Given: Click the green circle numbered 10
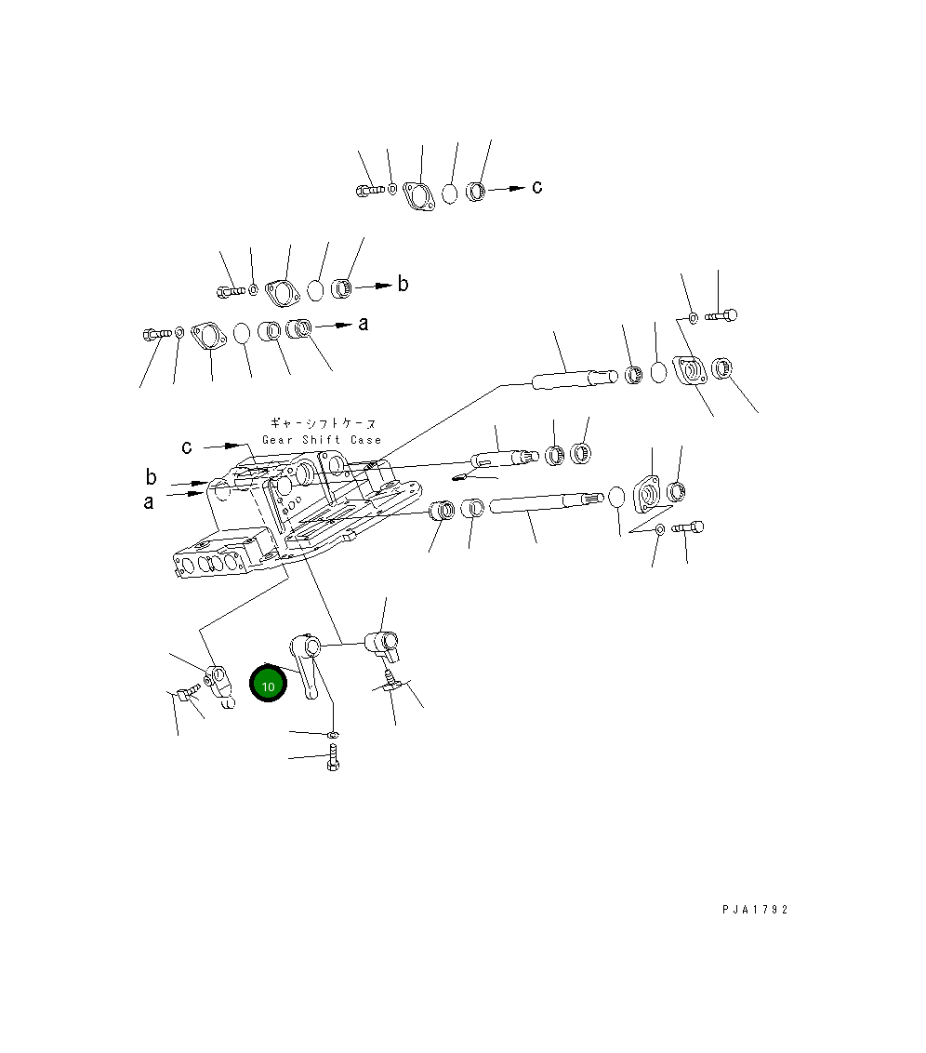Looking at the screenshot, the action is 268,685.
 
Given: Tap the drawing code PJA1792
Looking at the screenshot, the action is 755,910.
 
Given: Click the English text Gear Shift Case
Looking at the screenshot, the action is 322,440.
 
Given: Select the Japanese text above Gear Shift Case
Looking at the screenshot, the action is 324,423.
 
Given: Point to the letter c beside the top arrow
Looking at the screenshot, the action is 536,187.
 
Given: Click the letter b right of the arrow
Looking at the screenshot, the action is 403,284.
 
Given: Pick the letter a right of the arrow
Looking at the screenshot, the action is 363,325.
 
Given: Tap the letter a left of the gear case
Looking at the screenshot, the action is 149,502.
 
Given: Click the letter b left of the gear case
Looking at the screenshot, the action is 151,477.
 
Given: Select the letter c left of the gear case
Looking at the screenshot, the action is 187,447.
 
